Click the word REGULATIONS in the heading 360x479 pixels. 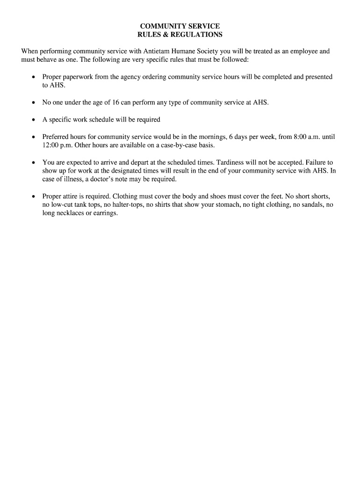[x=199, y=35]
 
